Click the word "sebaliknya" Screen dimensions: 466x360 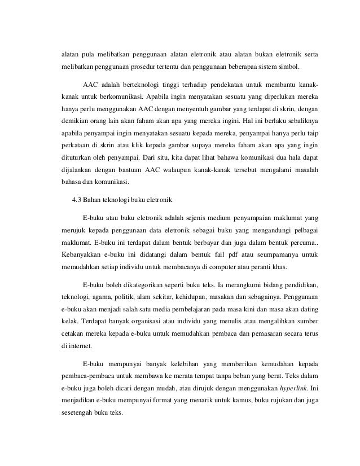(297, 137)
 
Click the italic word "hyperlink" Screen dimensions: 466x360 (293, 387)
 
